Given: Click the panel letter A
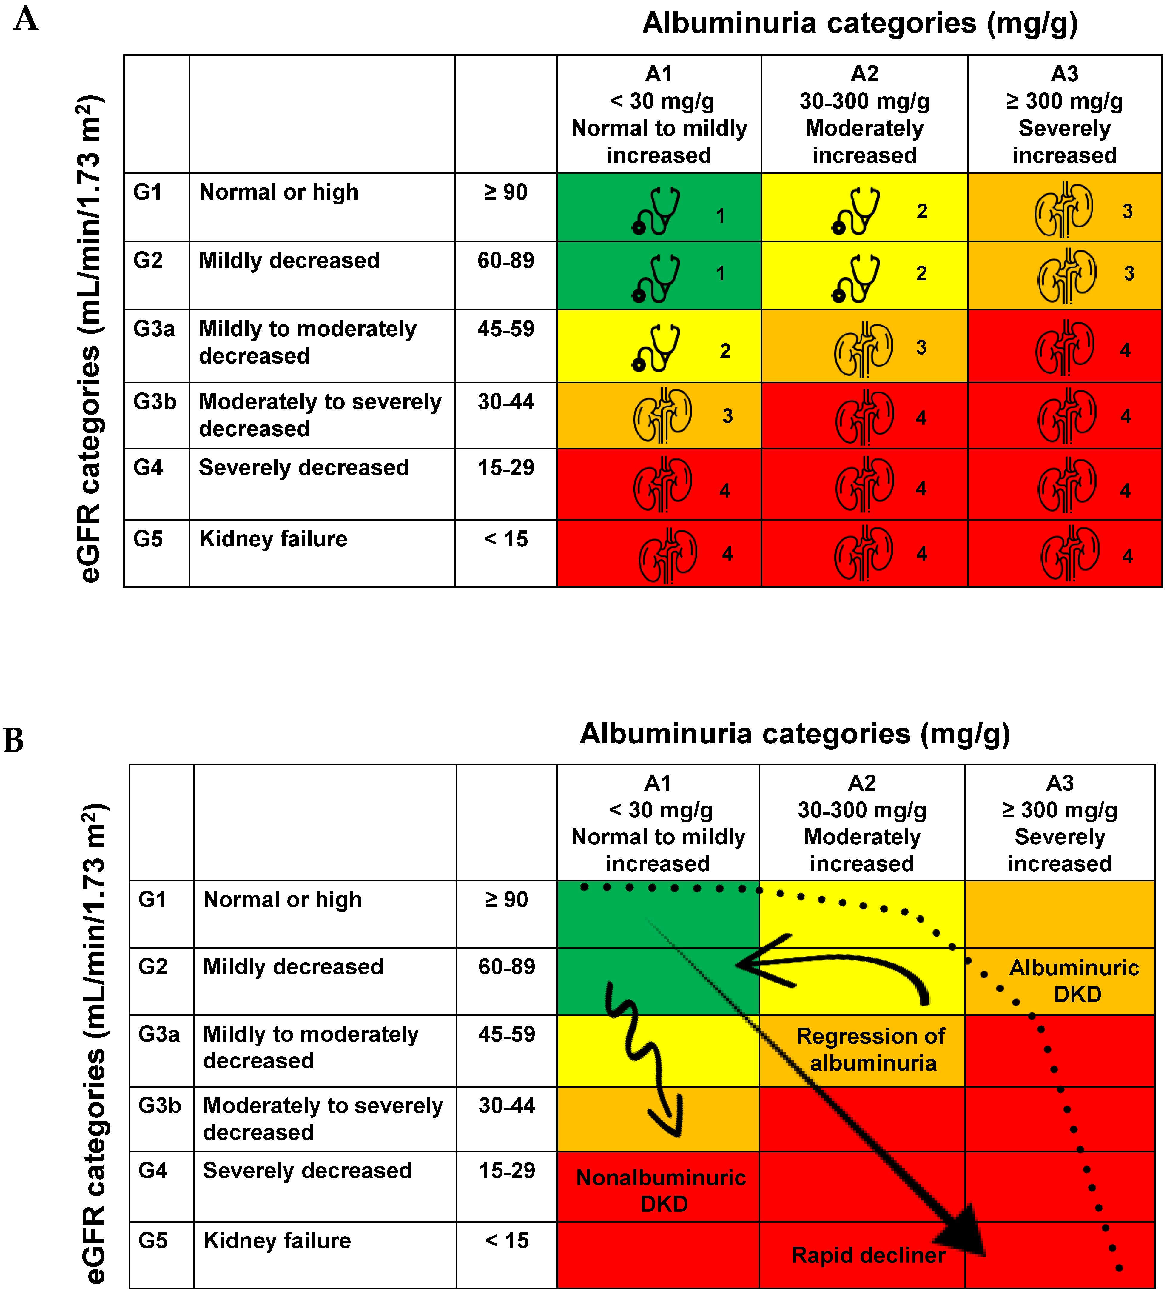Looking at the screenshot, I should pyautogui.click(x=26, y=19).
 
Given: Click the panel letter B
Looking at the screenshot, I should pyautogui.click(x=14, y=740).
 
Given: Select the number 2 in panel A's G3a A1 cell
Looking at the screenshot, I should pyautogui.click(x=724, y=351).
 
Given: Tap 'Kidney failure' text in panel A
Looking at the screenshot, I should pyautogui.click(x=273, y=539).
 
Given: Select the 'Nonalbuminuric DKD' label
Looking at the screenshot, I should pyautogui.click(x=662, y=1191).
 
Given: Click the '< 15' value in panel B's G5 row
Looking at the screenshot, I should pyautogui.click(x=507, y=1241).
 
